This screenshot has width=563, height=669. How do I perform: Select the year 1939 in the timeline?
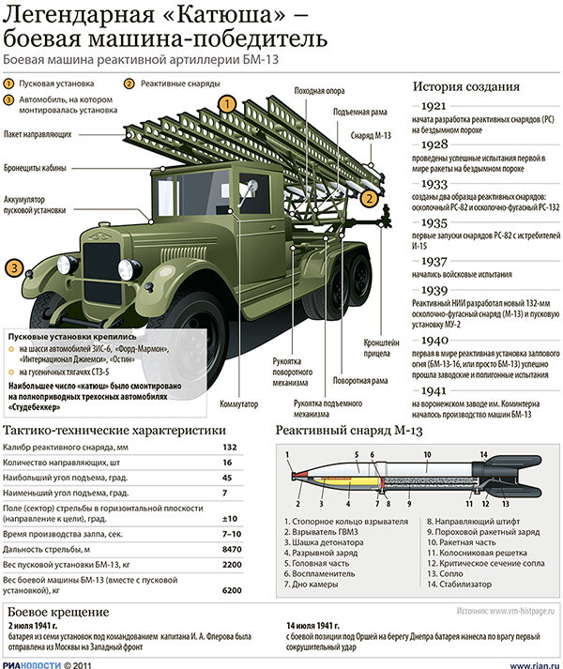(x=440, y=291)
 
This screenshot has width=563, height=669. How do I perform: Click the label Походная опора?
(x=315, y=90)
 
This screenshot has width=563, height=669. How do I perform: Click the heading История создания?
(x=465, y=86)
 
